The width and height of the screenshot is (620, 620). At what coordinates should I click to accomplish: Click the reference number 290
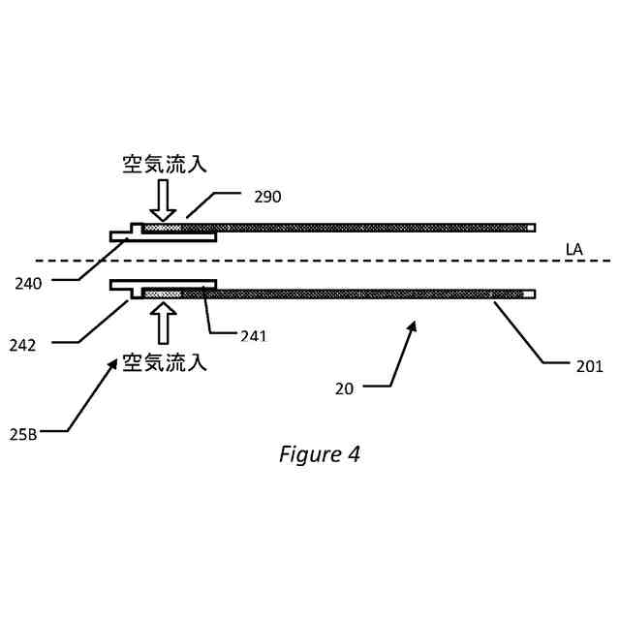point(267,197)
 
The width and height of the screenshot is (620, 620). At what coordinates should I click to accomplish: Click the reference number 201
point(589,366)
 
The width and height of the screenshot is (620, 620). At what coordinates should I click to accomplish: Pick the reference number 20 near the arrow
point(345,388)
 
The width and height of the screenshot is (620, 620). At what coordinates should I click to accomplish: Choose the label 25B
point(23,434)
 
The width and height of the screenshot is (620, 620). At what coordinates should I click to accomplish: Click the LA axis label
point(574,250)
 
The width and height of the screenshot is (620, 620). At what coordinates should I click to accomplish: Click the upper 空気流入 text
point(164,164)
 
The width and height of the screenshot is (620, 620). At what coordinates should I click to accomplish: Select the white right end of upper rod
point(529,228)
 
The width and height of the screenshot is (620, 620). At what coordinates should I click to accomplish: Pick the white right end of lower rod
point(529,293)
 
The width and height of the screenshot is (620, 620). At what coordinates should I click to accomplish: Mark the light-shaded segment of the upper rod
point(162,228)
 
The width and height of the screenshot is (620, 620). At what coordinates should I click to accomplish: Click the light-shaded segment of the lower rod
point(162,292)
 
